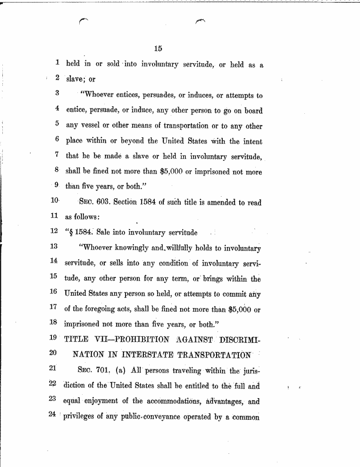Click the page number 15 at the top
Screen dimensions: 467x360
pos(158,48)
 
